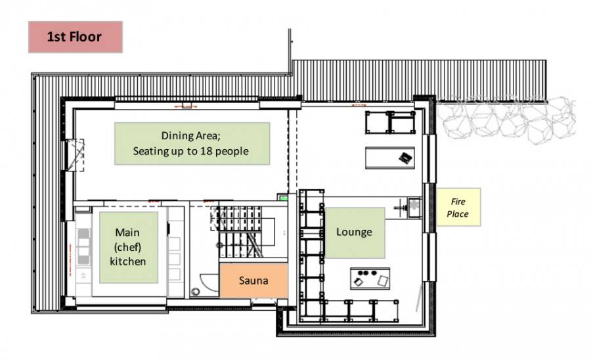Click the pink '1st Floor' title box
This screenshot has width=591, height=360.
(76, 37)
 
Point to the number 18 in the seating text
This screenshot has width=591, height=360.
(209, 151)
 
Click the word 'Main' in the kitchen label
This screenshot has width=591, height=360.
(127, 232)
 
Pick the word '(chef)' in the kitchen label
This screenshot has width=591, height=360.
(127, 247)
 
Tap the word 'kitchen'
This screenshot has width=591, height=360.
(128, 261)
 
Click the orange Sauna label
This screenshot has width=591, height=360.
(253, 281)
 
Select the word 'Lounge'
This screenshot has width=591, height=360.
(354, 232)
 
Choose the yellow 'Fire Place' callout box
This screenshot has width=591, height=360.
(458, 208)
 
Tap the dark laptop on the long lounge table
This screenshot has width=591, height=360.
(405, 158)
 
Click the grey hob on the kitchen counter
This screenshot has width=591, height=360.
(83, 246)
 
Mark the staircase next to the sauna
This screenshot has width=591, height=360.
(241, 231)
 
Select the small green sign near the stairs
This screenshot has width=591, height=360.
(282, 197)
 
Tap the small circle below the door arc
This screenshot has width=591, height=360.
(195, 292)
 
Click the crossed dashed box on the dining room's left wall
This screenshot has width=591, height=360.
(76, 155)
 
